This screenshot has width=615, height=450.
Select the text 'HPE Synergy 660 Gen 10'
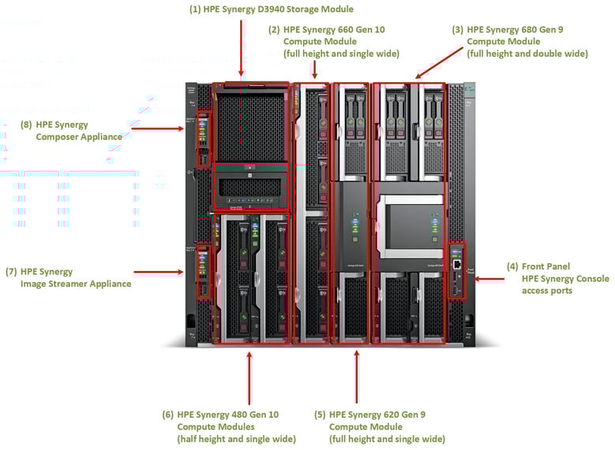pos(334,29)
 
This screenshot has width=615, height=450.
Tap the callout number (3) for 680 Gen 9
pos(458,29)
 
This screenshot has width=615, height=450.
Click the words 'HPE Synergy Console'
pos(565,278)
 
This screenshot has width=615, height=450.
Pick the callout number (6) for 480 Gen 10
pos(167,415)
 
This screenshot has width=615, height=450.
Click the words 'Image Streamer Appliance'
pos(76,284)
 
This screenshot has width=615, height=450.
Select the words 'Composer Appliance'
pos(79,136)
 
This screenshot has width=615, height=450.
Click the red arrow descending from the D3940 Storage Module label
pos(240,47)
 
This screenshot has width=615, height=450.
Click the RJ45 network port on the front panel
pos(457,252)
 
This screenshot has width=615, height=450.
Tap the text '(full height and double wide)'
pos(527,54)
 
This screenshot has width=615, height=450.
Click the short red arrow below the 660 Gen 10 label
pos(314,71)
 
